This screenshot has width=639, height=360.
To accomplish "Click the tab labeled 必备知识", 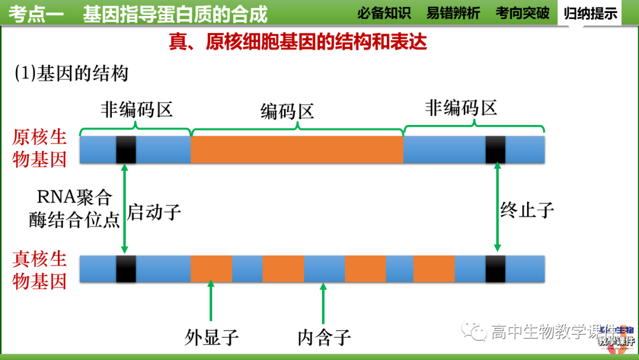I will click(x=384, y=12).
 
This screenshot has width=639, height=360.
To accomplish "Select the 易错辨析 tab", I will click(x=453, y=12).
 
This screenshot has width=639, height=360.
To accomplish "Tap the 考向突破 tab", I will click(x=522, y=12).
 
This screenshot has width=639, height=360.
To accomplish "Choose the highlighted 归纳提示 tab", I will click(x=590, y=13).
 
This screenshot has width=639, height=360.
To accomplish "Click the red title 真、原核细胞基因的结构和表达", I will click(x=298, y=42).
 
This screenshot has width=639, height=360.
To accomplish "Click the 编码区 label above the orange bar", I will click(x=287, y=111).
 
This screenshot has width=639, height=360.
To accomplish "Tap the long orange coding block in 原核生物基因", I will click(x=296, y=150).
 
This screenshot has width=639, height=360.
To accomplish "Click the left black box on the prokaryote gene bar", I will click(x=125, y=150).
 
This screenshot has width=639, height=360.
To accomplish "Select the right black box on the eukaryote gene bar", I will click(x=495, y=269).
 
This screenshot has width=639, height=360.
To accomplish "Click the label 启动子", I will click(x=154, y=211).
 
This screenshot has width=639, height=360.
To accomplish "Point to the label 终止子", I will click(x=527, y=209).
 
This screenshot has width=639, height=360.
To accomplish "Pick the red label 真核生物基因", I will click(x=40, y=270).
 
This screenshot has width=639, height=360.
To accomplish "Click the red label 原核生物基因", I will click(x=40, y=149).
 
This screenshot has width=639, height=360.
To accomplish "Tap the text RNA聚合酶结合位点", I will click(x=74, y=208).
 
